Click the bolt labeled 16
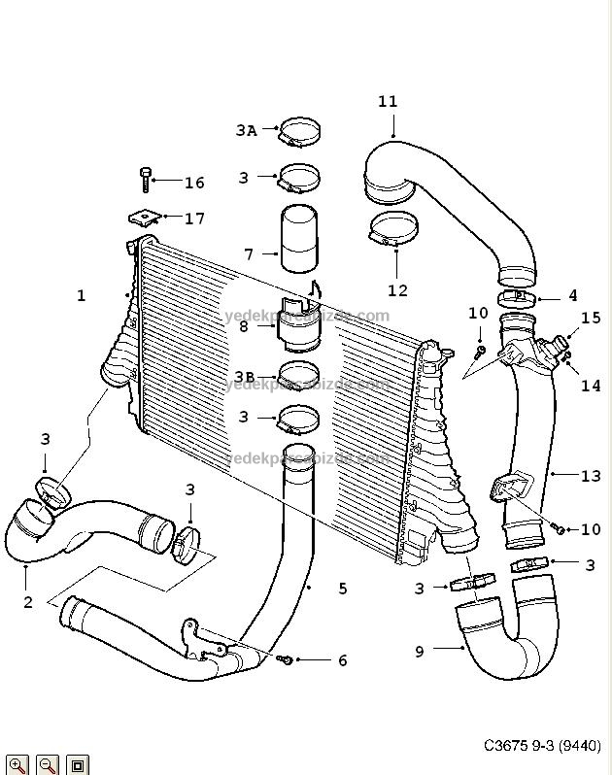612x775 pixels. tap(146, 181)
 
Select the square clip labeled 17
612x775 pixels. tap(144, 219)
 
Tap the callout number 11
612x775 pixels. tap(388, 101)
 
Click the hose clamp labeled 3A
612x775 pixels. tap(300, 129)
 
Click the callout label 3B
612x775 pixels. tap(244, 376)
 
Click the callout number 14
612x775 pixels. tap(591, 386)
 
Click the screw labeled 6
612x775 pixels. tap(286, 660)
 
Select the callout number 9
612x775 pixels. tap(420, 652)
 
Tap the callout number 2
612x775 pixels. tap(28, 602)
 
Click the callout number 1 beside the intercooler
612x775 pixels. tap(82, 295)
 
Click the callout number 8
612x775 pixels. tap(244, 326)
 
